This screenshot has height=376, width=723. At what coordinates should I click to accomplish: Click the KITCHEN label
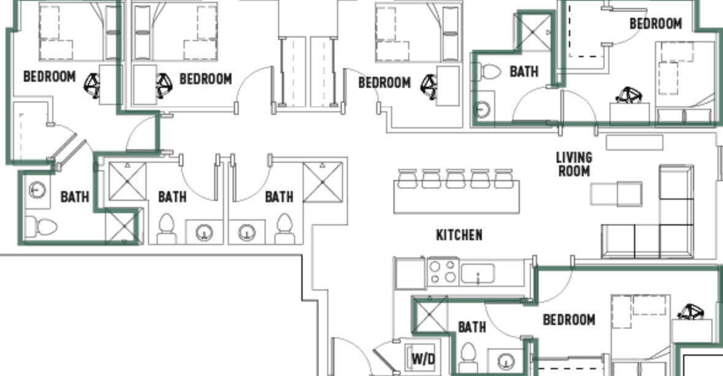coord(459,235)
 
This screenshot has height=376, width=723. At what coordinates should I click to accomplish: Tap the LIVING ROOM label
coord(574,165)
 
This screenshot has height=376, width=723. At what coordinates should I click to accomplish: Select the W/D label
coord(423,358)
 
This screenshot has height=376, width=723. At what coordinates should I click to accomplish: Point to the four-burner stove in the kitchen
coord(442,272)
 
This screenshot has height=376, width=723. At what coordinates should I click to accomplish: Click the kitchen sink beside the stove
coord(477,273)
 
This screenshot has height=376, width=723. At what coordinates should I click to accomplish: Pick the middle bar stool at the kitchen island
coord(455,179)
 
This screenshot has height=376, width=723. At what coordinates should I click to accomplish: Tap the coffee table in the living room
coord(616,194)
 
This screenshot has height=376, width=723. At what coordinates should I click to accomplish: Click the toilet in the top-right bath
coord(489,72)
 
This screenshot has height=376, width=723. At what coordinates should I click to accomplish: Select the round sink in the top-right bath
coord(483,109)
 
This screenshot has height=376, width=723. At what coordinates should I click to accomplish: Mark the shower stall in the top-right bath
coord(533,33)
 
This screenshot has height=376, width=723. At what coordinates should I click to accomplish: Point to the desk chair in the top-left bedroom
coord(93,85)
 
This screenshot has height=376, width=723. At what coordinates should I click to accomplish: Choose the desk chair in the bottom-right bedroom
coord(690,312)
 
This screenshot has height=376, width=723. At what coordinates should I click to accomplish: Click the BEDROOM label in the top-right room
coord(655,23)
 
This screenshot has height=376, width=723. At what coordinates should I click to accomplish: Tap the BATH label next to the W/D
coord(472,327)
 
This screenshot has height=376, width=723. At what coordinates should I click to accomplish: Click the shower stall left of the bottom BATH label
coord(430,315)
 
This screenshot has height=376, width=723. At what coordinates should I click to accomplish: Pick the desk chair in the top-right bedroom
coord(628,95)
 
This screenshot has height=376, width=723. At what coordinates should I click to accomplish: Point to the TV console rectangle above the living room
coord(635,143)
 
